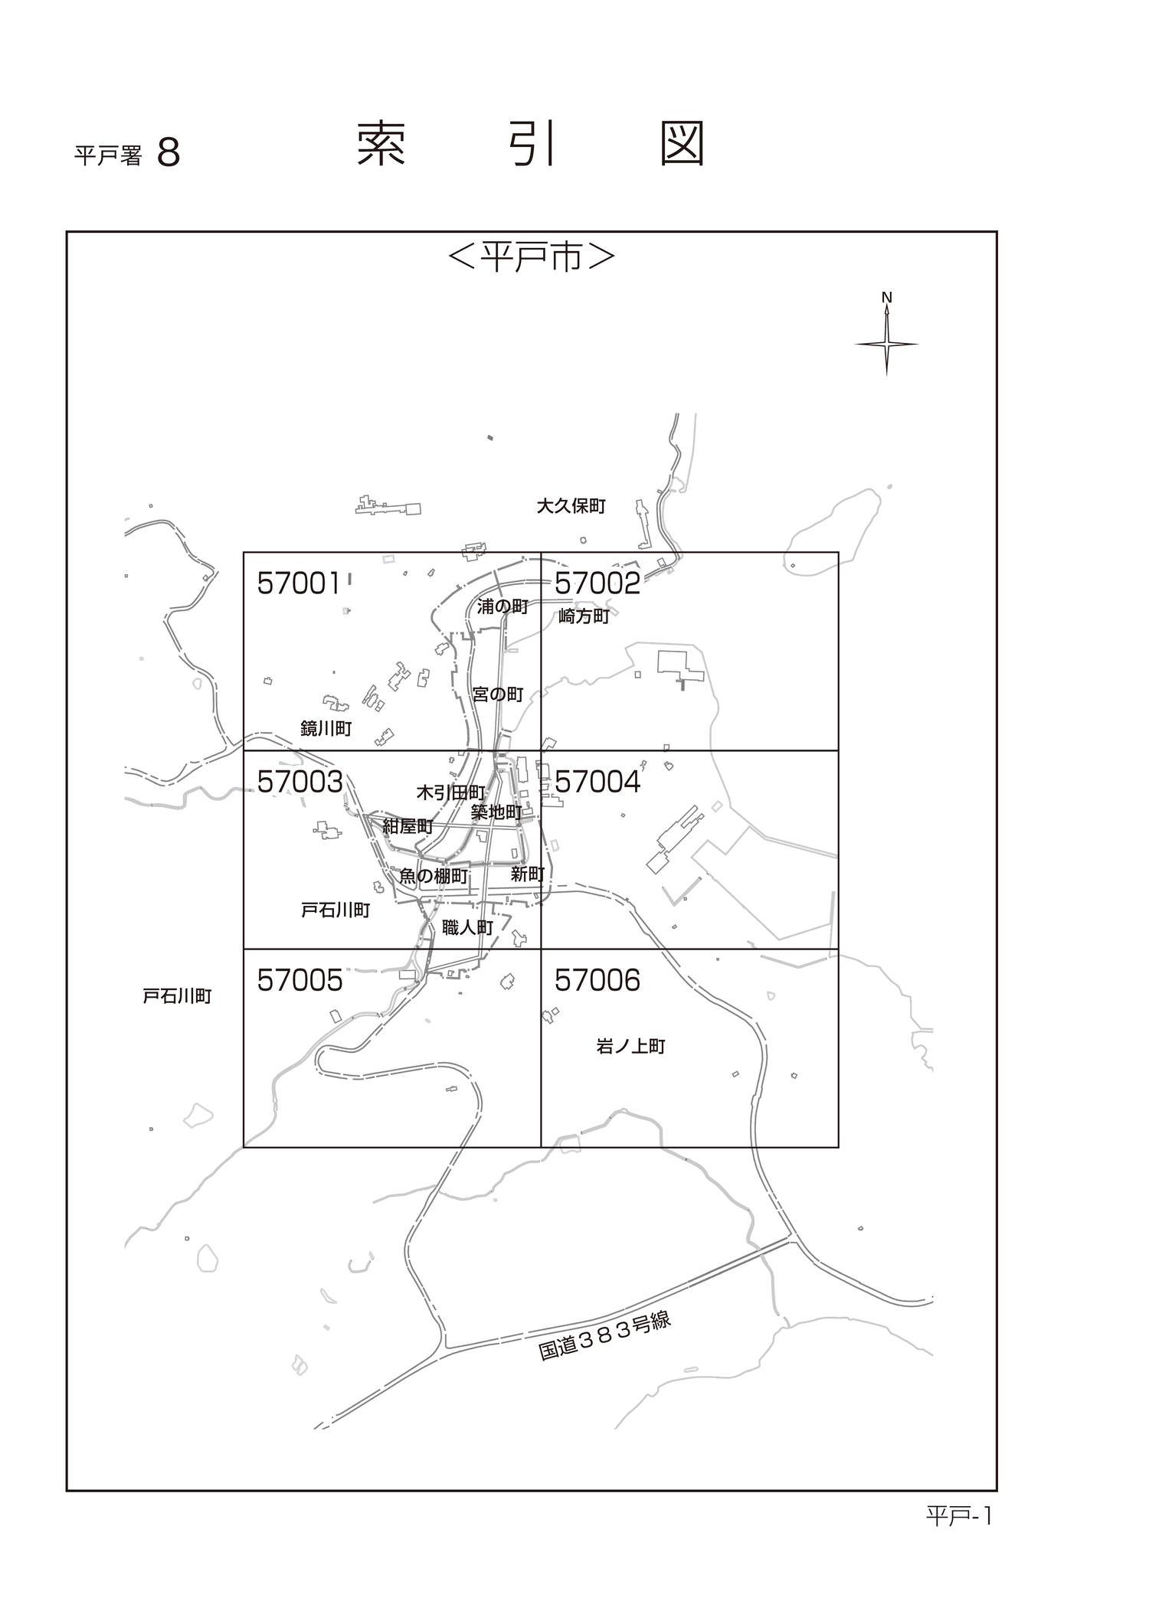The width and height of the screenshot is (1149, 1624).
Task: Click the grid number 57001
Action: (299, 583)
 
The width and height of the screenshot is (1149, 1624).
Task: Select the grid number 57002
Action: (597, 583)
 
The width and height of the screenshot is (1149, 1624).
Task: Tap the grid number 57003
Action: (300, 782)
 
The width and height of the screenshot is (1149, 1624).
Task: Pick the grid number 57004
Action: (597, 782)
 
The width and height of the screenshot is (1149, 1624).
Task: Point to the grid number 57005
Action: (300, 980)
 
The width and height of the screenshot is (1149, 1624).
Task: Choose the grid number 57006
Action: (597, 980)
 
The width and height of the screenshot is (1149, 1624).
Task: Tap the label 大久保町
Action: (571, 506)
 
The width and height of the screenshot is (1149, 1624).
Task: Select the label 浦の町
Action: (502, 607)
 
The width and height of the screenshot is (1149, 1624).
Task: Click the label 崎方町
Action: (584, 616)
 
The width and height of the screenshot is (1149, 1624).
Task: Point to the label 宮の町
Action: (498, 694)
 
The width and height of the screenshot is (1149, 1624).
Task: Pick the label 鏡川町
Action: (326, 728)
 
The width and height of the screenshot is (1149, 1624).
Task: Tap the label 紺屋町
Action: (408, 826)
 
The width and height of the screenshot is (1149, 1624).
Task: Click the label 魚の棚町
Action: (434, 876)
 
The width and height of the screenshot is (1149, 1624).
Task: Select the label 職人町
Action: (468, 928)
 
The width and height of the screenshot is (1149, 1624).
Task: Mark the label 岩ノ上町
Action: (631, 1046)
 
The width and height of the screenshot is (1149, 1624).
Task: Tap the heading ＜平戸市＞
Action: (532, 258)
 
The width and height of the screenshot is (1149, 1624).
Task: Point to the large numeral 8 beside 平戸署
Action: (169, 153)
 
